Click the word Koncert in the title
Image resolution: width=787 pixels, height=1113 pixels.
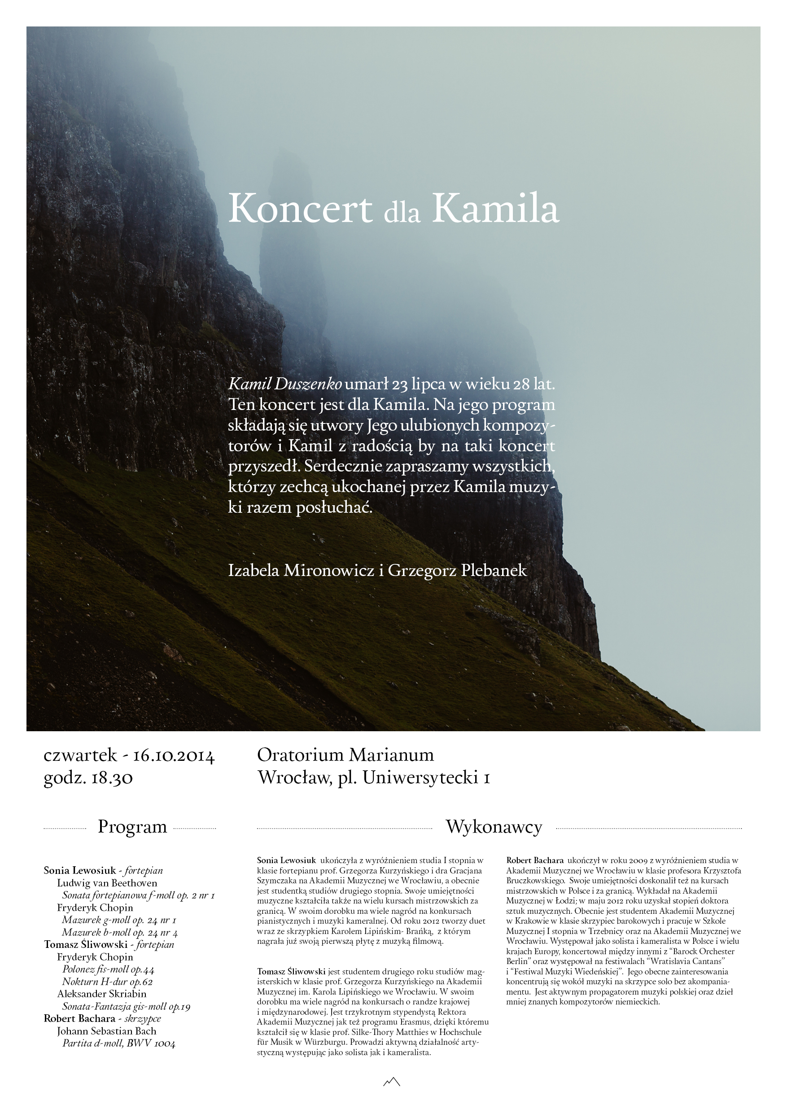click(300, 209)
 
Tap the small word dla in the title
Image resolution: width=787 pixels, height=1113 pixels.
click(402, 213)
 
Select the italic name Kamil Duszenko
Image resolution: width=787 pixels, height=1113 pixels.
click(284, 384)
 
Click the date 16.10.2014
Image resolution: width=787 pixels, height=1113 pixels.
click(174, 756)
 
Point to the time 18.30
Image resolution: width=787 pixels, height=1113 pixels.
click(112, 778)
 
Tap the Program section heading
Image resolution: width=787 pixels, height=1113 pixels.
click(132, 826)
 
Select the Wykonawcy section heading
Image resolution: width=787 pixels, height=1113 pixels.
click(494, 826)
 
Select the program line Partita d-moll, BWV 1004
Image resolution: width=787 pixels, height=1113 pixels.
click(119, 1043)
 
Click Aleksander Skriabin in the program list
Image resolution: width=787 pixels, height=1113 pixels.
click(102, 994)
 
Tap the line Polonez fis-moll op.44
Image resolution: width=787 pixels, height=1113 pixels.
click(108, 969)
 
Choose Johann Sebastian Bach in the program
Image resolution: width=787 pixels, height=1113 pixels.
click(107, 1031)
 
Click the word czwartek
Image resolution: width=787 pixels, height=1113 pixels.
click(80, 755)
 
